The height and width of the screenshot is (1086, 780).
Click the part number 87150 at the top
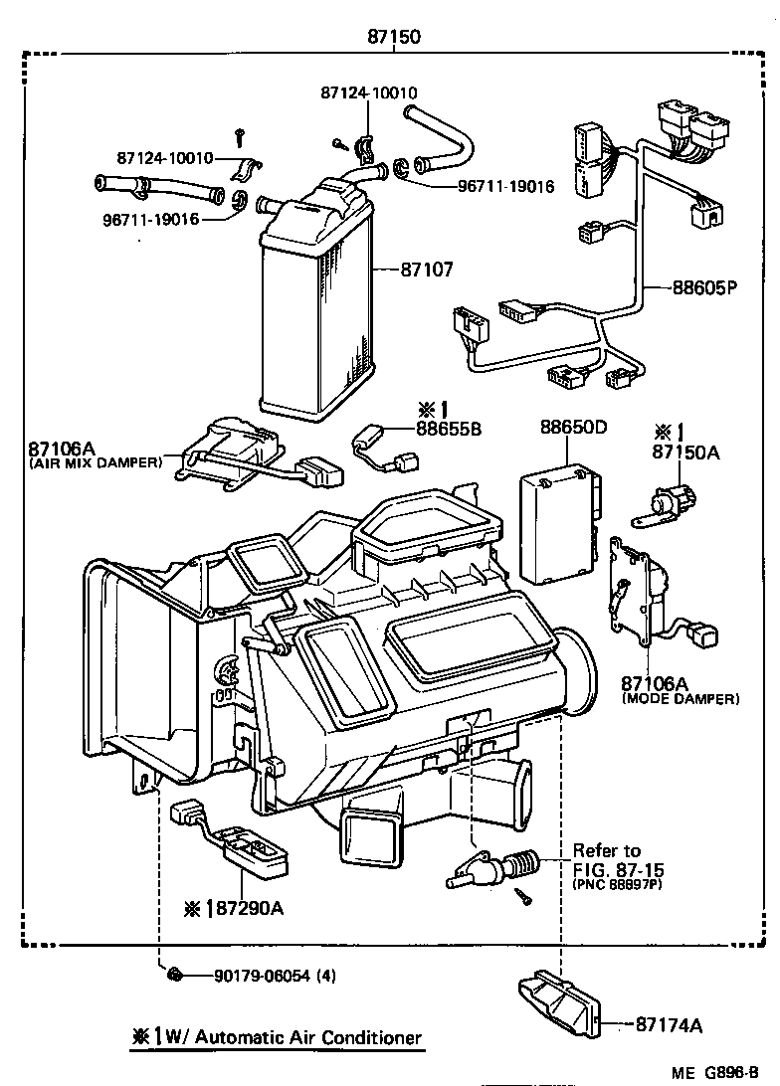[x=394, y=37]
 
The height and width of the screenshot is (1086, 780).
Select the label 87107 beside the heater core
[x=427, y=269]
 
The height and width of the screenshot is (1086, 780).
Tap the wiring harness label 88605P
[x=702, y=289]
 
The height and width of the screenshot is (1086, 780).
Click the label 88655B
[x=449, y=429]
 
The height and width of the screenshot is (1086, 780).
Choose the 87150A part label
[x=685, y=452]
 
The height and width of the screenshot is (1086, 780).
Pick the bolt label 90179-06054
[x=261, y=976]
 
